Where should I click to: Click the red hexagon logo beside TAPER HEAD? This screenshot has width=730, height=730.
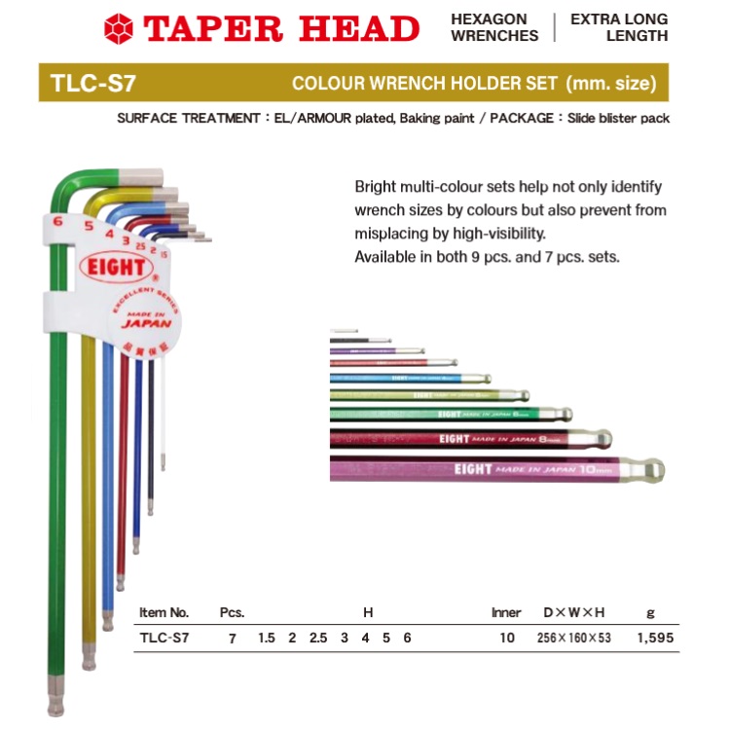point(120,28)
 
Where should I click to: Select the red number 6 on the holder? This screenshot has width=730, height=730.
point(58,222)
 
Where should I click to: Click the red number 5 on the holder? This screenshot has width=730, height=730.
point(88,227)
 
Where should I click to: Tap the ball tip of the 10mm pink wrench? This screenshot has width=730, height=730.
point(652,470)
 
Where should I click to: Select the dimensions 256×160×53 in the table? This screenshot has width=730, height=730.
point(573,639)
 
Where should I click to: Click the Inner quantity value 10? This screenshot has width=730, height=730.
point(506,639)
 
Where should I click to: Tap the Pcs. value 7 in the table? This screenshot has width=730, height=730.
point(232,639)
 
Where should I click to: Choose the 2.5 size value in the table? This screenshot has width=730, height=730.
point(318,639)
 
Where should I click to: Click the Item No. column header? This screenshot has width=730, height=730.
point(164,613)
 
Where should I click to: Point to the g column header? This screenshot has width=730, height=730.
point(650,613)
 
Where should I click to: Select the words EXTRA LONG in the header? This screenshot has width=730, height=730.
point(619,19)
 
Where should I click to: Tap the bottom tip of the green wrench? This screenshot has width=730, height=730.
point(55,703)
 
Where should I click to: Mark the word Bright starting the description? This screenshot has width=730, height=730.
point(376,186)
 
